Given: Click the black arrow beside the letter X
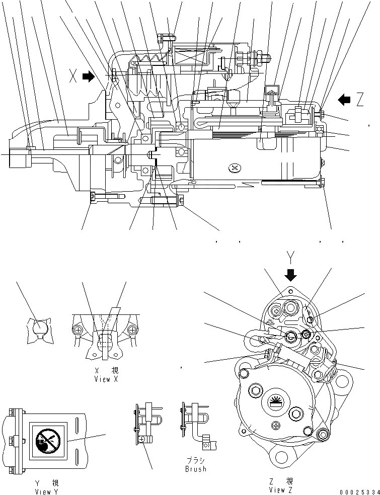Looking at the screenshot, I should [x=88, y=77].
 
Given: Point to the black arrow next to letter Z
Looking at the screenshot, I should [x=344, y=100].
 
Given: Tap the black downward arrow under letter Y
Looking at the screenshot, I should [x=291, y=274].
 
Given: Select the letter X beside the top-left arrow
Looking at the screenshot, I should [x=73, y=77].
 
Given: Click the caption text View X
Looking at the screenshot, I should [x=106, y=379].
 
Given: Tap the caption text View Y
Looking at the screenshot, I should [x=43, y=491].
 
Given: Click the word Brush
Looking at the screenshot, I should [x=195, y=469].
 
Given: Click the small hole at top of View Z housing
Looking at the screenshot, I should [x=291, y=291].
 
